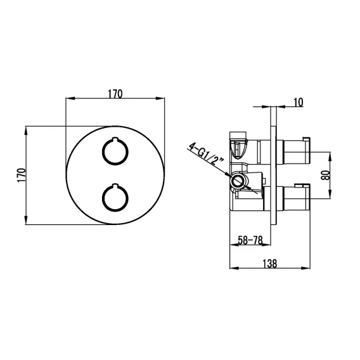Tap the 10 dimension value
(x=299, y=102)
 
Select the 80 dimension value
(x=326, y=175)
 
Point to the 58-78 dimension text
(x=250, y=240)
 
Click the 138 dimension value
(x=270, y=264)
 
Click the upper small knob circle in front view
(x=115, y=151)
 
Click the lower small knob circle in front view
(x=115, y=198)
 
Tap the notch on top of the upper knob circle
(x=115, y=139)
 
